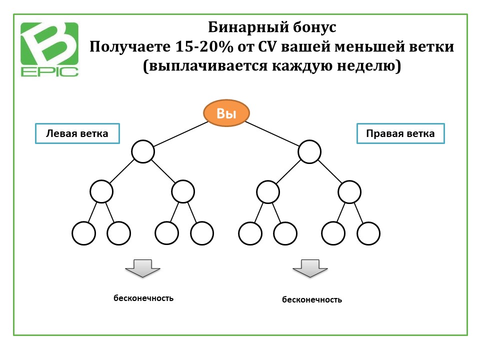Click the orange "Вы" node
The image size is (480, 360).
click(226, 113)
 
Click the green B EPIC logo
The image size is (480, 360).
click(49, 49)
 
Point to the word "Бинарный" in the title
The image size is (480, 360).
click(248, 27)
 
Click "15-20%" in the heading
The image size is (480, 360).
click(204, 47)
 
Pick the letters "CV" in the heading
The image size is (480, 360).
click(267, 47)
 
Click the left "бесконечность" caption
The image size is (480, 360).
click(143, 298)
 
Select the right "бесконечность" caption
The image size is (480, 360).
click(312, 299)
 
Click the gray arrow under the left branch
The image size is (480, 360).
click(142, 268)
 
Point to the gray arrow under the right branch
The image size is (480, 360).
click(310, 268)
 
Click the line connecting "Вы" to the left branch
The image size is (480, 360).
click(181, 134)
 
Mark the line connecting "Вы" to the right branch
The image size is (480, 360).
click(272, 134)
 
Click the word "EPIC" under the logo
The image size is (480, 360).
click(49, 71)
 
